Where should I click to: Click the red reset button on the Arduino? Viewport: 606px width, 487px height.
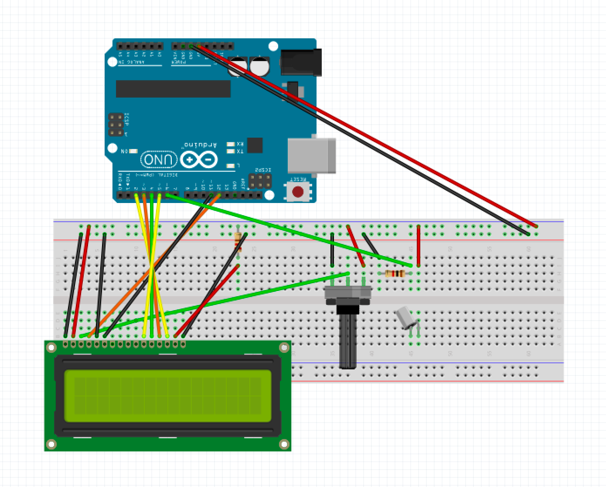pyautogui.click(x=298, y=191)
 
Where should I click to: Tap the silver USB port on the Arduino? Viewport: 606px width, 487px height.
pyautogui.click(x=312, y=155)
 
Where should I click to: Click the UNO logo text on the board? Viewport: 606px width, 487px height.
pyautogui.click(x=159, y=160)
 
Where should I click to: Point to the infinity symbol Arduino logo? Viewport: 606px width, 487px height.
pyautogui.click(x=199, y=160)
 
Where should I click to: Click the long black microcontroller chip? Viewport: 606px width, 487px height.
pyautogui.click(x=173, y=89)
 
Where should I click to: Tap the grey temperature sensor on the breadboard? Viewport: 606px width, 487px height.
pyautogui.click(x=405, y=317)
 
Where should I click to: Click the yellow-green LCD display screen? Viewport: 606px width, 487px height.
pyautogui.click(x=167, y=396)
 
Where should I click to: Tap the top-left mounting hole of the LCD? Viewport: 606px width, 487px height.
pyautogui.click(x=51, y=348)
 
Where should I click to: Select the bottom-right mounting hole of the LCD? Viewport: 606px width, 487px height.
pyautogui.click(x=284, y=444)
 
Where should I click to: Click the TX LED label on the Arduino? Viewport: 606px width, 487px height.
pyautogui.click(x=240, y=151)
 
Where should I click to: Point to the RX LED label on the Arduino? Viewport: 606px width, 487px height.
pyautogui.click(x=240, y=144)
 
